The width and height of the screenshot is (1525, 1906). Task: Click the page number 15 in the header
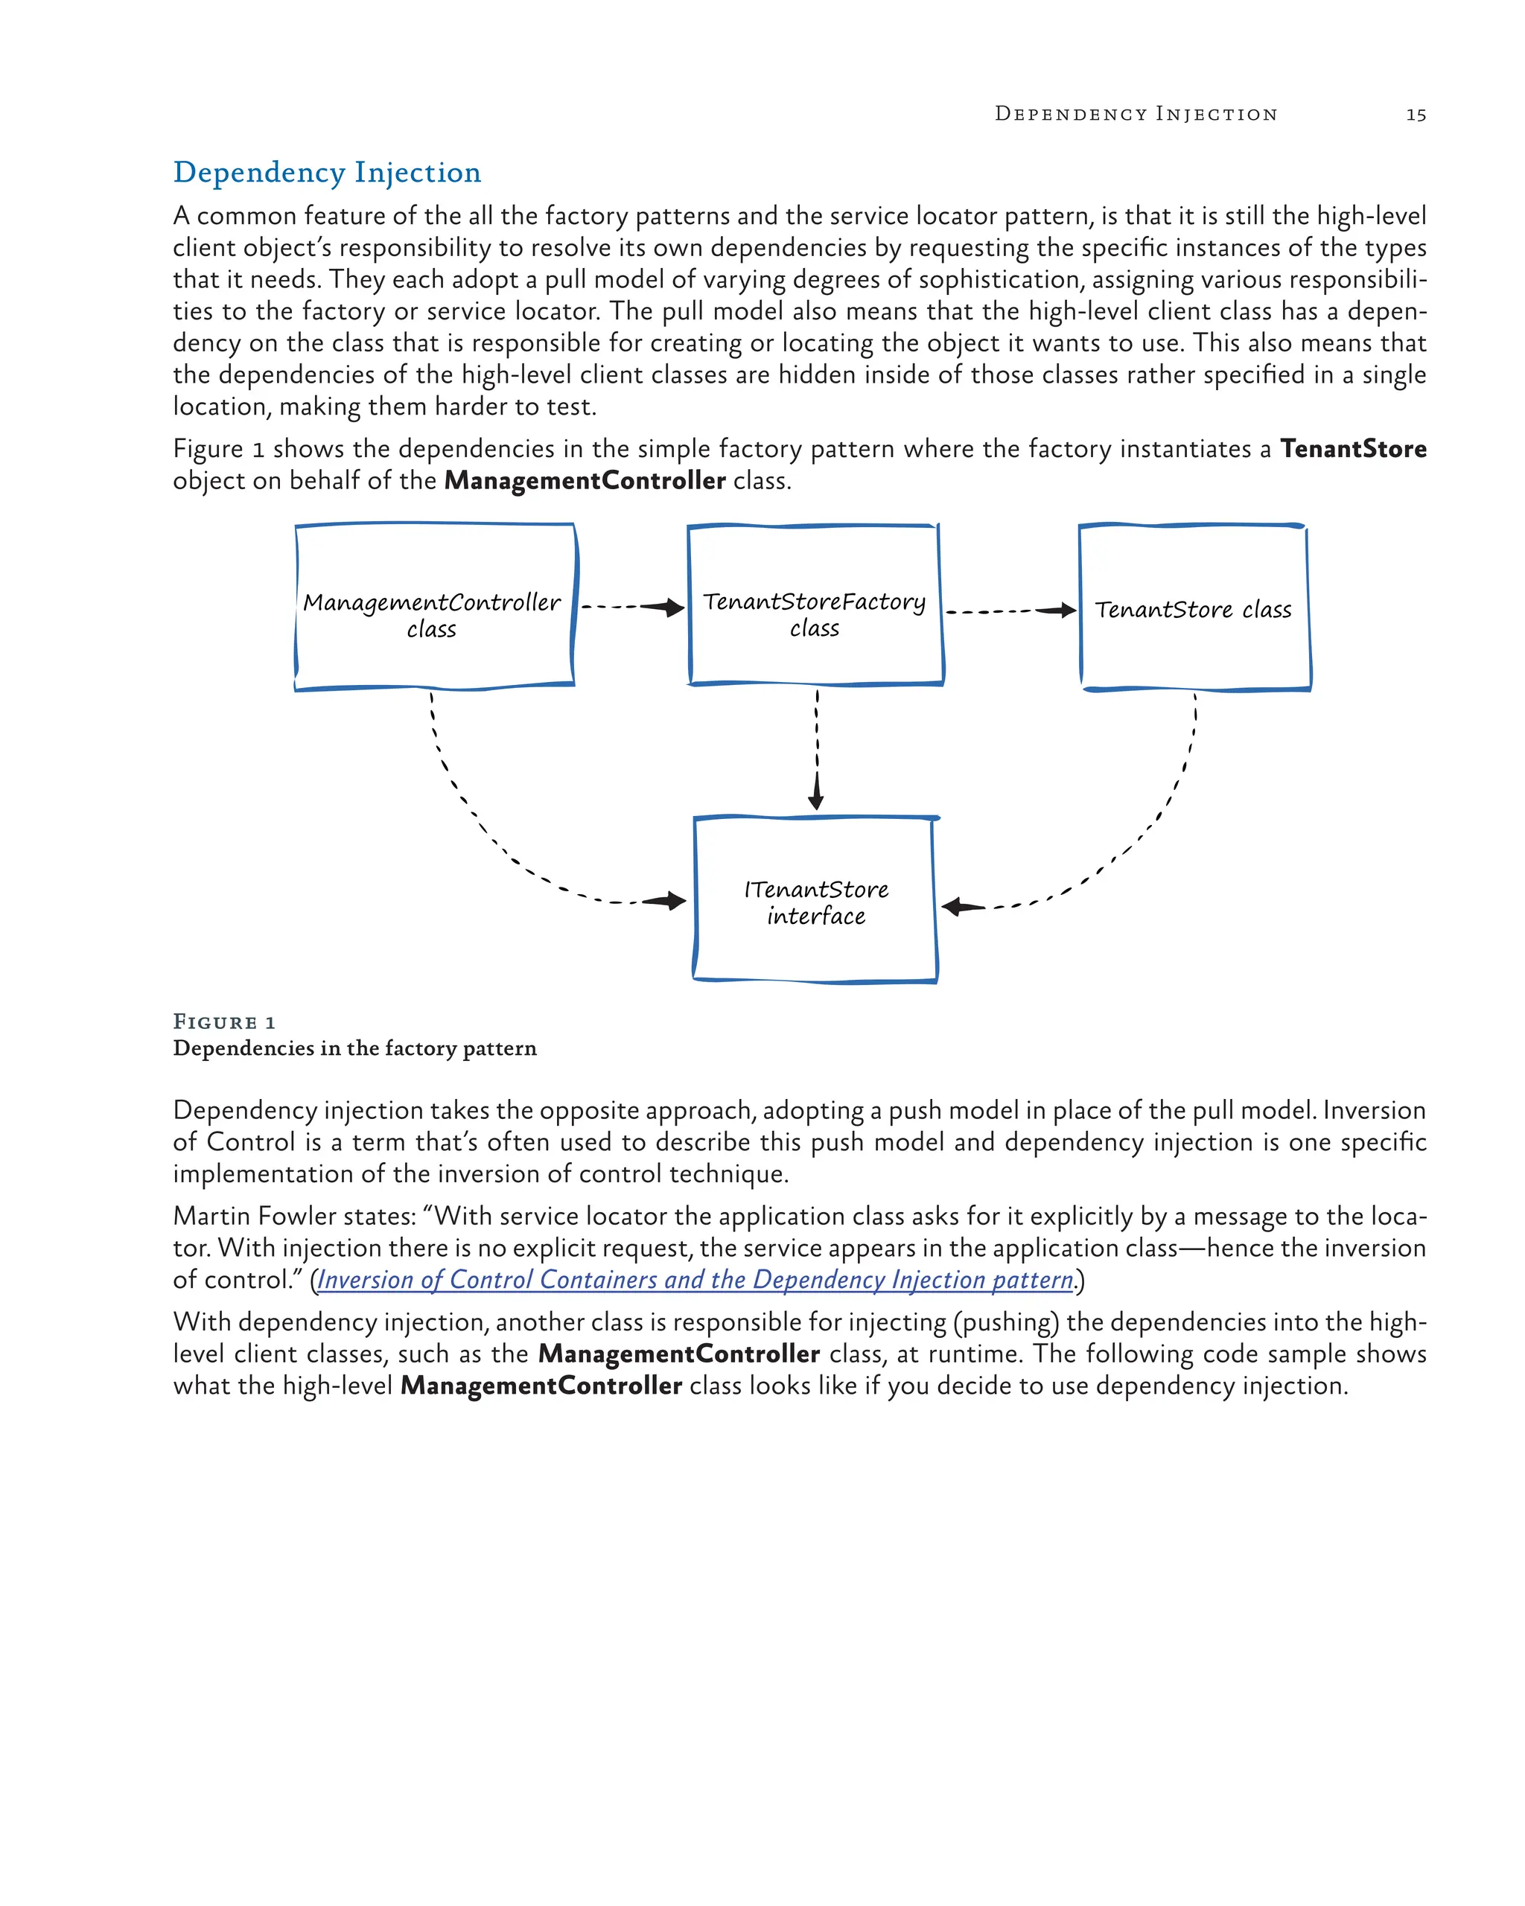1416,115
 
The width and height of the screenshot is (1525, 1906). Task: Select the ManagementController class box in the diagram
434,607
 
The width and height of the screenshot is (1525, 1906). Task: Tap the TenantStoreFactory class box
814,605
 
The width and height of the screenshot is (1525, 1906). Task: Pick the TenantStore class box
1194,608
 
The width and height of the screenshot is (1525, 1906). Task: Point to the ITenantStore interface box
815,900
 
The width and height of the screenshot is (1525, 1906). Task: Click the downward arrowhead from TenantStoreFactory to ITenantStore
816,798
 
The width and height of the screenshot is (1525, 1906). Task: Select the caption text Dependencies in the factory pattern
354,1048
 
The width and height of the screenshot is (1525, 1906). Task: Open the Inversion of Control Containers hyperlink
695,1279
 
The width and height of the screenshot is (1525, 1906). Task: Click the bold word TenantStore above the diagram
1352,449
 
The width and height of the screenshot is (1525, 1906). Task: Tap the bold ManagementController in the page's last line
541,1386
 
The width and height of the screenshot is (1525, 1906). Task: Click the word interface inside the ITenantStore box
816,916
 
